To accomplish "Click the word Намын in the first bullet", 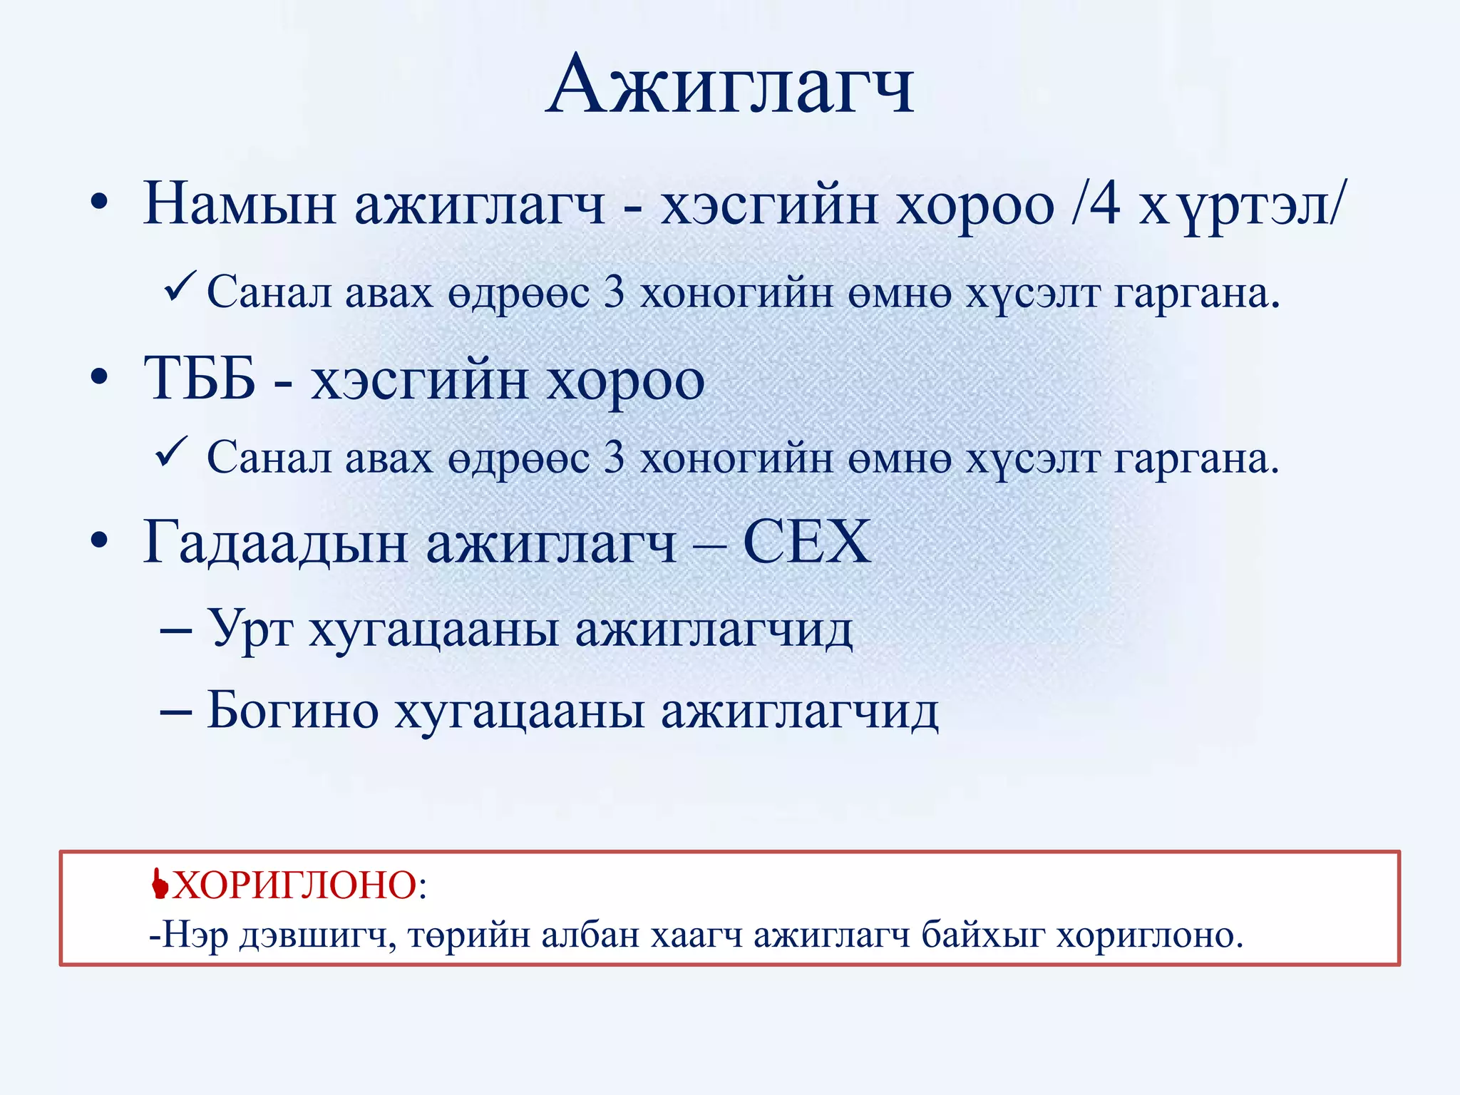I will click(x=240, y=205).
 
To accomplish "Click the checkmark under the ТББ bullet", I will click(x=171, y=453).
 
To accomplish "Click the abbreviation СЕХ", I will click(x=807, y=542).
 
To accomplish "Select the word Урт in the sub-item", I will click(x=250, y=631).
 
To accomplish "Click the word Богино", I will click(x=292, y=711).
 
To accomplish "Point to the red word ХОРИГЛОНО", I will click(x=294, y=886).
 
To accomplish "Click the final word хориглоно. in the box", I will click(x=1149, y=935).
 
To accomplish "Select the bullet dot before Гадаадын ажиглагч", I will click(x=99, y=541).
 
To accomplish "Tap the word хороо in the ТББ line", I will click(x=625, y=380).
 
